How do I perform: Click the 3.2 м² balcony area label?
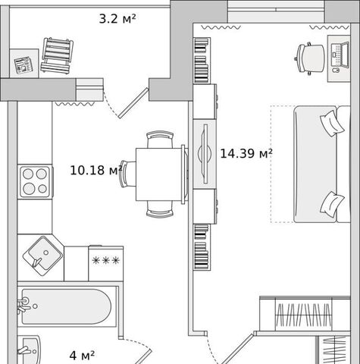117,18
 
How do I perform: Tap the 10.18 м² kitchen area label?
95,170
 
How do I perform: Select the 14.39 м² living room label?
246,153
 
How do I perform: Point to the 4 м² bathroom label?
82,356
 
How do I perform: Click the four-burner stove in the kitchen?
35,181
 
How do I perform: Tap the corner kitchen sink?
42,256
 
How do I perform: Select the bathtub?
66,306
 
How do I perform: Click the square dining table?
158,174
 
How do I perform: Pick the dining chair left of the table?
128,174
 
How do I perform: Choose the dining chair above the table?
160,140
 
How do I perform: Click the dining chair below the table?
160,209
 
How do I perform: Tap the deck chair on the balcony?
57,55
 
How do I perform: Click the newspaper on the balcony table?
23,64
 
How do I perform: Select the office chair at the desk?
310,58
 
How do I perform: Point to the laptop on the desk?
340,55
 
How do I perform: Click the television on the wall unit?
205,153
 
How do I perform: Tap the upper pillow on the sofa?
332,123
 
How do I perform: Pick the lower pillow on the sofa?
332,204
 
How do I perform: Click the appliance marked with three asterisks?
106,263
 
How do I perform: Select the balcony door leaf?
133,103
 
